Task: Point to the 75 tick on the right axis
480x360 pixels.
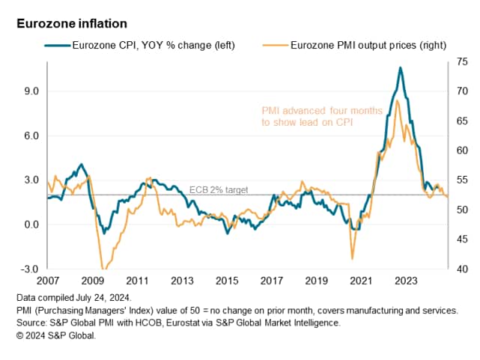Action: (458, 62)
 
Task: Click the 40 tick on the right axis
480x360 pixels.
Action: (458, 269)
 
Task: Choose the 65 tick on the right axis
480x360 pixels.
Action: (458, 121)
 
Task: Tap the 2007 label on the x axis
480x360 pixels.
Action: (48, 281)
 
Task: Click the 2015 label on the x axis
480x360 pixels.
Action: (227, 281)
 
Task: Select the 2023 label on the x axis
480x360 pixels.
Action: (406, 281)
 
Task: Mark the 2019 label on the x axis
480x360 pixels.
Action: (316, 281)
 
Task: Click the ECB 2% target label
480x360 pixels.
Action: (218, 190)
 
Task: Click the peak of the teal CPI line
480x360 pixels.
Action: (400, 67)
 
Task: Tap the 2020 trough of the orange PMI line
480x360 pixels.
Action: (352, 259)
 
